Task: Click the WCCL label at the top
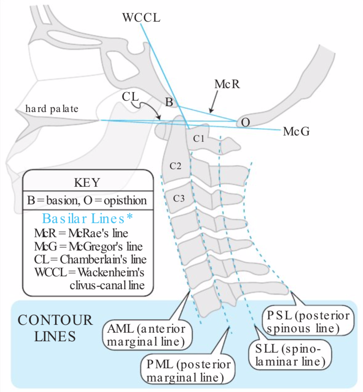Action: click(x=141, y=18)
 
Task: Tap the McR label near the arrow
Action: click(x=227, y=84)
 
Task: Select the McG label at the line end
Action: click(x=296, y=131)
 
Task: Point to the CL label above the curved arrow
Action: click(x=130, y=97)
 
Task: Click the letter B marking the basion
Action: click(x=169, y=102)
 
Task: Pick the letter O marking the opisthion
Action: click(x=245, y=122)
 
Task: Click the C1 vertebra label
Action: click(x=199, y=138)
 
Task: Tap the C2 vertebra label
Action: click(x=175, y=166)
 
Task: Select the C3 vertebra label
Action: click(x=179, y=198)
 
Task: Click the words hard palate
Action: click(x=52, y=109)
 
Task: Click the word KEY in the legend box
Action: click(x=87, y=182)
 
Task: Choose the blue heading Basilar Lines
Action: click(x=87, y=219)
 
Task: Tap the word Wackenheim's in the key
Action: click(x=111, y=272)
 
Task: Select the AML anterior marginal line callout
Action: click(x=147, y=335)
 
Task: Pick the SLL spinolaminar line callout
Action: click(x=290, y=355)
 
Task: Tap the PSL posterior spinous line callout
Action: click(x=308, y=322)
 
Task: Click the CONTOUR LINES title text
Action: click(x=55, y=328)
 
